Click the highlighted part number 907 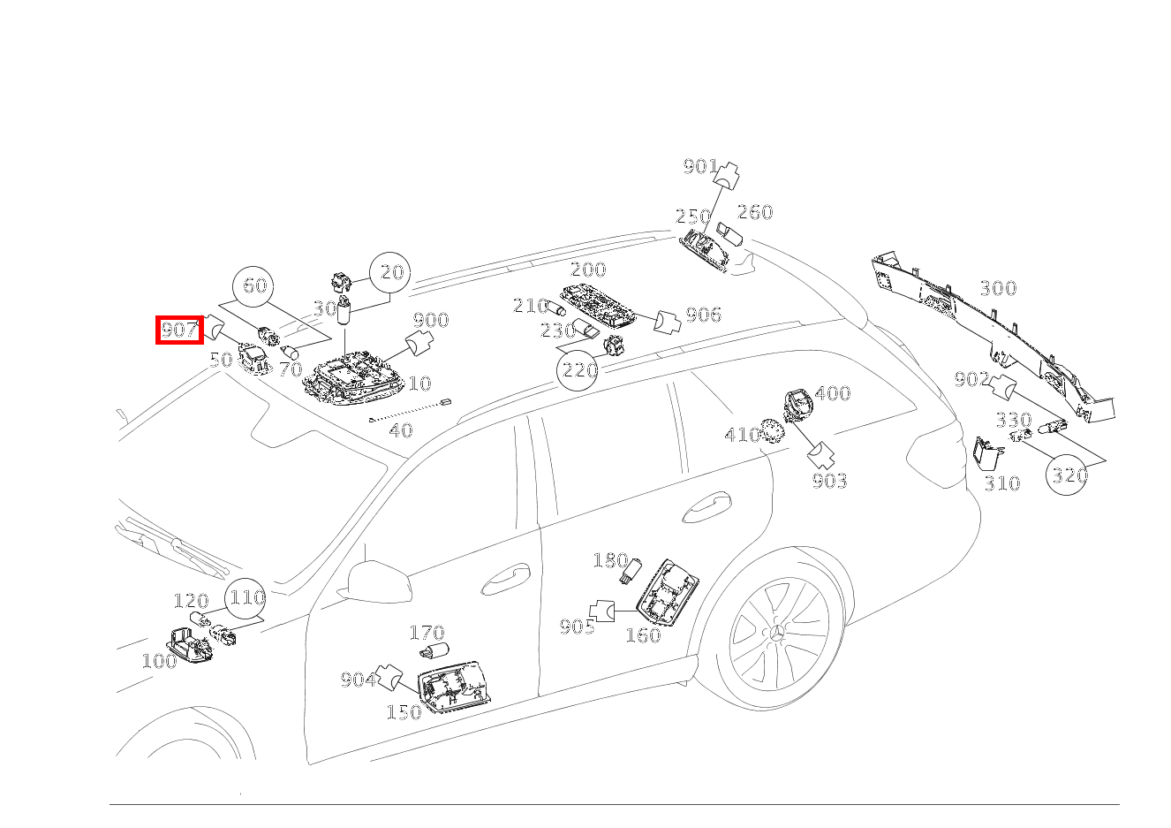(x=179, y=330)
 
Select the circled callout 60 (x=254, y=285)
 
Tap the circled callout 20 (x=390, y=273)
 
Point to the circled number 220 (x=579, y=369)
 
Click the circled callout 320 (x=1068, y=475)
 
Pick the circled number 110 (x=246, y=598)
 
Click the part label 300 (x=997, y=288)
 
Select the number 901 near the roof (x=699, y=166)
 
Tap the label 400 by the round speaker (x=832, y=393)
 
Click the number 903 (x=829, y=481)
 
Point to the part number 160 (x=642, y=635)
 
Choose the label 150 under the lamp (x=403, y=712)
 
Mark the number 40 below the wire (x=400, y=430)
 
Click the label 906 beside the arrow (x=703, y=315)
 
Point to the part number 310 (x=1001, y=483)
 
